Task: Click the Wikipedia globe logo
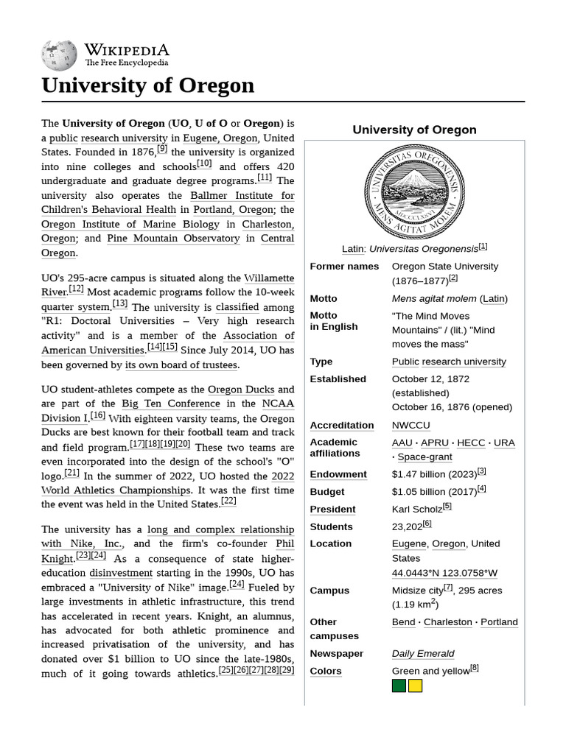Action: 60,54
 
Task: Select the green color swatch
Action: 399,686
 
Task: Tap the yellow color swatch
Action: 415,686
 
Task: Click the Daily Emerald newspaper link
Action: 423,654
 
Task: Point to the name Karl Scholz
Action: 416,510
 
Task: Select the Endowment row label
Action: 338,475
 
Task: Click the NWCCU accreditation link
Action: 410,426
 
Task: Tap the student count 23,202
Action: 407,527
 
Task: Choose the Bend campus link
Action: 403,622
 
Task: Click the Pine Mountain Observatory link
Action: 173,239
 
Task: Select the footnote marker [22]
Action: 228,501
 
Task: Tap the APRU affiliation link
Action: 435,443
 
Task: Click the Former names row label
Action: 344,267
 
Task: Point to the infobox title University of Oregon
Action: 414,130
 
